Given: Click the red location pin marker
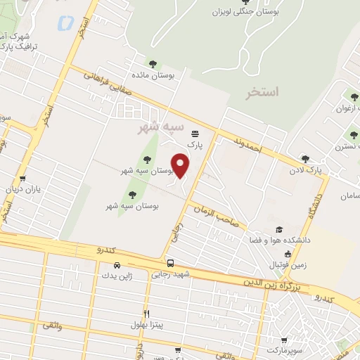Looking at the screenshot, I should coord(181,165).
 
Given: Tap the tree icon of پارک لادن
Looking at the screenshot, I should coord(305,159).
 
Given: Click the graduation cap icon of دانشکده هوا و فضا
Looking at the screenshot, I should coord(279,230).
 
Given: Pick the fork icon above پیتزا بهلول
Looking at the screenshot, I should coord(146,314).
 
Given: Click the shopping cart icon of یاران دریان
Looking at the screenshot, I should coord(23,179).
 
